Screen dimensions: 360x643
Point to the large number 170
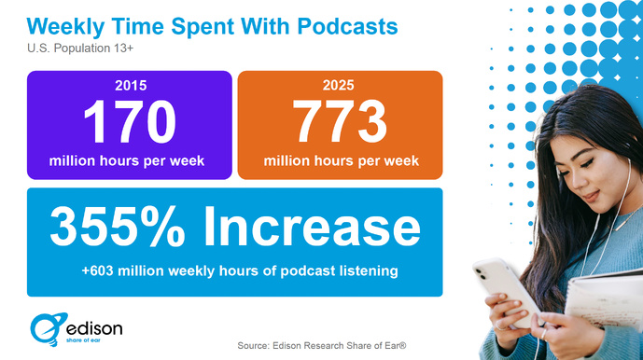(128, 120)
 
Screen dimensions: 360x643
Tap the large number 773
(341, 120)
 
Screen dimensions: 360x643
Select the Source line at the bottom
(321, 345)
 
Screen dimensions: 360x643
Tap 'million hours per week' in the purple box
(127, 160)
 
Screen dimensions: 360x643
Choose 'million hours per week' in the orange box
(341, 160)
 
